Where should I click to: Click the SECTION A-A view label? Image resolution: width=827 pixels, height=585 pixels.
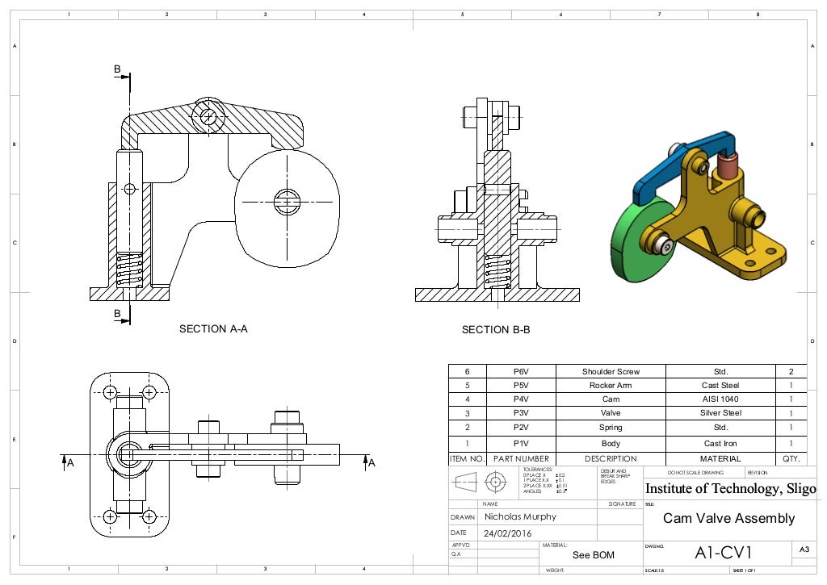coord(213,329)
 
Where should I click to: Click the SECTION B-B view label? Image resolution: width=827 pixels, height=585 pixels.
coord(495,330)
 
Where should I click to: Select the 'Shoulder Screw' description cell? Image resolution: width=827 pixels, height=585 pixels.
coord(611,372)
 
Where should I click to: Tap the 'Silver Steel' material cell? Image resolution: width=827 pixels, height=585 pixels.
coord(721,413)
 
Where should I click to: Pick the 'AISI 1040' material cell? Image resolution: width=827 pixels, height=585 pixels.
coord(721,399)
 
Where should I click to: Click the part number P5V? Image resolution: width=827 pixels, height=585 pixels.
coord(521,386)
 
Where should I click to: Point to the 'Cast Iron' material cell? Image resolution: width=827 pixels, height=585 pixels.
coord(721,444)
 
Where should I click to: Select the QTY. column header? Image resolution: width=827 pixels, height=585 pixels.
coord(791,458)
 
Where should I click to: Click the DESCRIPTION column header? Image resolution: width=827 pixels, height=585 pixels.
coord(611,458)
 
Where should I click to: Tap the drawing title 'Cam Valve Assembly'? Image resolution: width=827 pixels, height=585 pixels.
coord(728,518)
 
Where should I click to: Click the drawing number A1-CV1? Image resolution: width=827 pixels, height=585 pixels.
coord(723,553)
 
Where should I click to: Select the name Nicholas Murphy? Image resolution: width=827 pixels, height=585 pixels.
coord(520,516)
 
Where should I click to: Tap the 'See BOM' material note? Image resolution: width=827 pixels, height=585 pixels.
coord(593,555)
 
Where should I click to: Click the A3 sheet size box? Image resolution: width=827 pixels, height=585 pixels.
coord(804,549)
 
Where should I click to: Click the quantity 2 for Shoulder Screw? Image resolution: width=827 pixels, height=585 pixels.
coord(791,372)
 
